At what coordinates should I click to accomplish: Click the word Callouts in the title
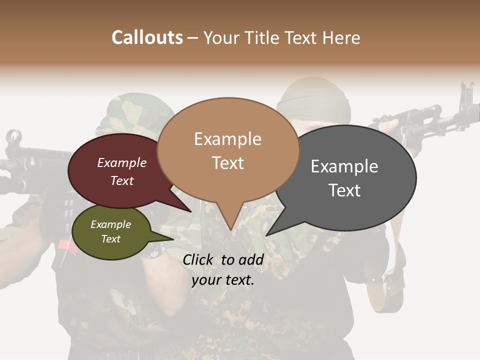(x=147, y=37)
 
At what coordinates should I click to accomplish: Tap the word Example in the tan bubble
(x=227, y=139)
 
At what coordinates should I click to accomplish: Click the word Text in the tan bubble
(x=227, y=163)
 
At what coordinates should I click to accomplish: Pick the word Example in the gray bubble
(x=344, y=166)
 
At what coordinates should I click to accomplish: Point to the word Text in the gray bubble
(x=344, y=190)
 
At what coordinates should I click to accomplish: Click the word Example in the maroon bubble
(x=122, y=162)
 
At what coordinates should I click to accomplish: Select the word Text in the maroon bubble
(x=122, y=180)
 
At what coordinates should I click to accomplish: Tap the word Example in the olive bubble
(x=111, y=224)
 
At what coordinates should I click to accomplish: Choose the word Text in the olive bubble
(x=111, y=239)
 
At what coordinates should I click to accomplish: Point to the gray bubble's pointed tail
(x=272, y=230)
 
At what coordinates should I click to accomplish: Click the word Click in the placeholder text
(x=198, y=259)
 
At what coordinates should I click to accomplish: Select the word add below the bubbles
(x=250, y=259)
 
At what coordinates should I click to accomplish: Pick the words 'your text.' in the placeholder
(x=223, y=280)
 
